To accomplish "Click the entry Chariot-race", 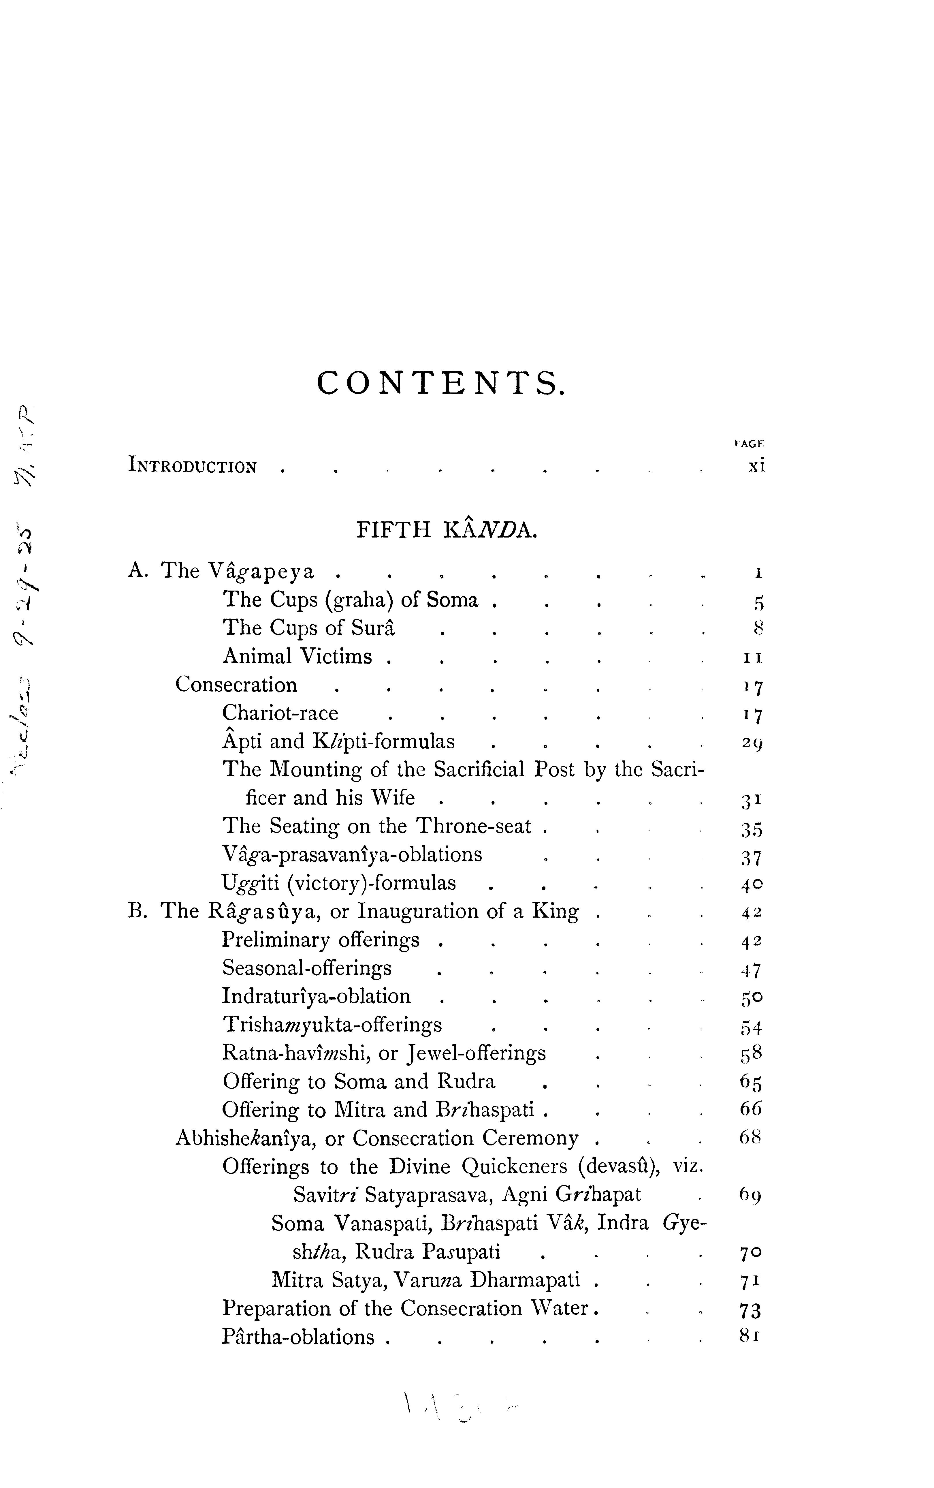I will (280, 713).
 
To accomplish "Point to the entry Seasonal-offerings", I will (307, 968).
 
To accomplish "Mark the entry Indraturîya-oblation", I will (316, 996).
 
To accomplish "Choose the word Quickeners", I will (516, 1167).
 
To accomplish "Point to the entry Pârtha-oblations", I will (298, 1337).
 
